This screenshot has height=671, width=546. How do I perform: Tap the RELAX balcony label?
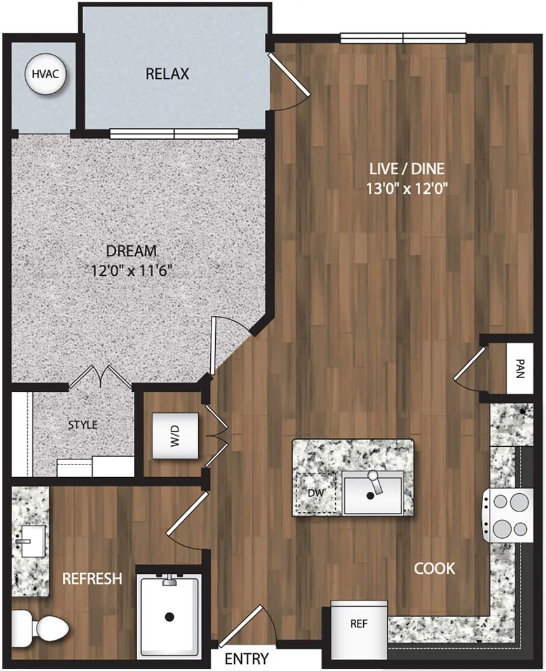click(x=168, y=74)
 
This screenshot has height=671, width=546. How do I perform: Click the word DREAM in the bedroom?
click(x=131, y=250)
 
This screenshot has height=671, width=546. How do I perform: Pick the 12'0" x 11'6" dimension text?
click(x=131, y=271)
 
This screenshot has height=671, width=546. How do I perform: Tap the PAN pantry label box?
click(x=520, y=368)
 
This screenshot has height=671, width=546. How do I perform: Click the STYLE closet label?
click(x=83, y=424)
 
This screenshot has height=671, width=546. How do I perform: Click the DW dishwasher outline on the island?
click(x=316, y=493)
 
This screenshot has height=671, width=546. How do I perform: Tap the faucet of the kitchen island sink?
click(x=375, y=483)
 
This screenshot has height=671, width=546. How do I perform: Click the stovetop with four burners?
click(x=509, y=515)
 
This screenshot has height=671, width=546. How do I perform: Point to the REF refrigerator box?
click(x=359, y=623)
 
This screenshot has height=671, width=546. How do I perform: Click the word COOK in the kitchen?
click(x=434, y=568)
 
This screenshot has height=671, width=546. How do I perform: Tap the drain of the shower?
click(x=169, y=616)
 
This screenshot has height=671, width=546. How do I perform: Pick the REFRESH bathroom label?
click(x=91, y=578)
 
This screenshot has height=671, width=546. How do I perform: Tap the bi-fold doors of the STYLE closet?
click(x=100, y=377)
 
